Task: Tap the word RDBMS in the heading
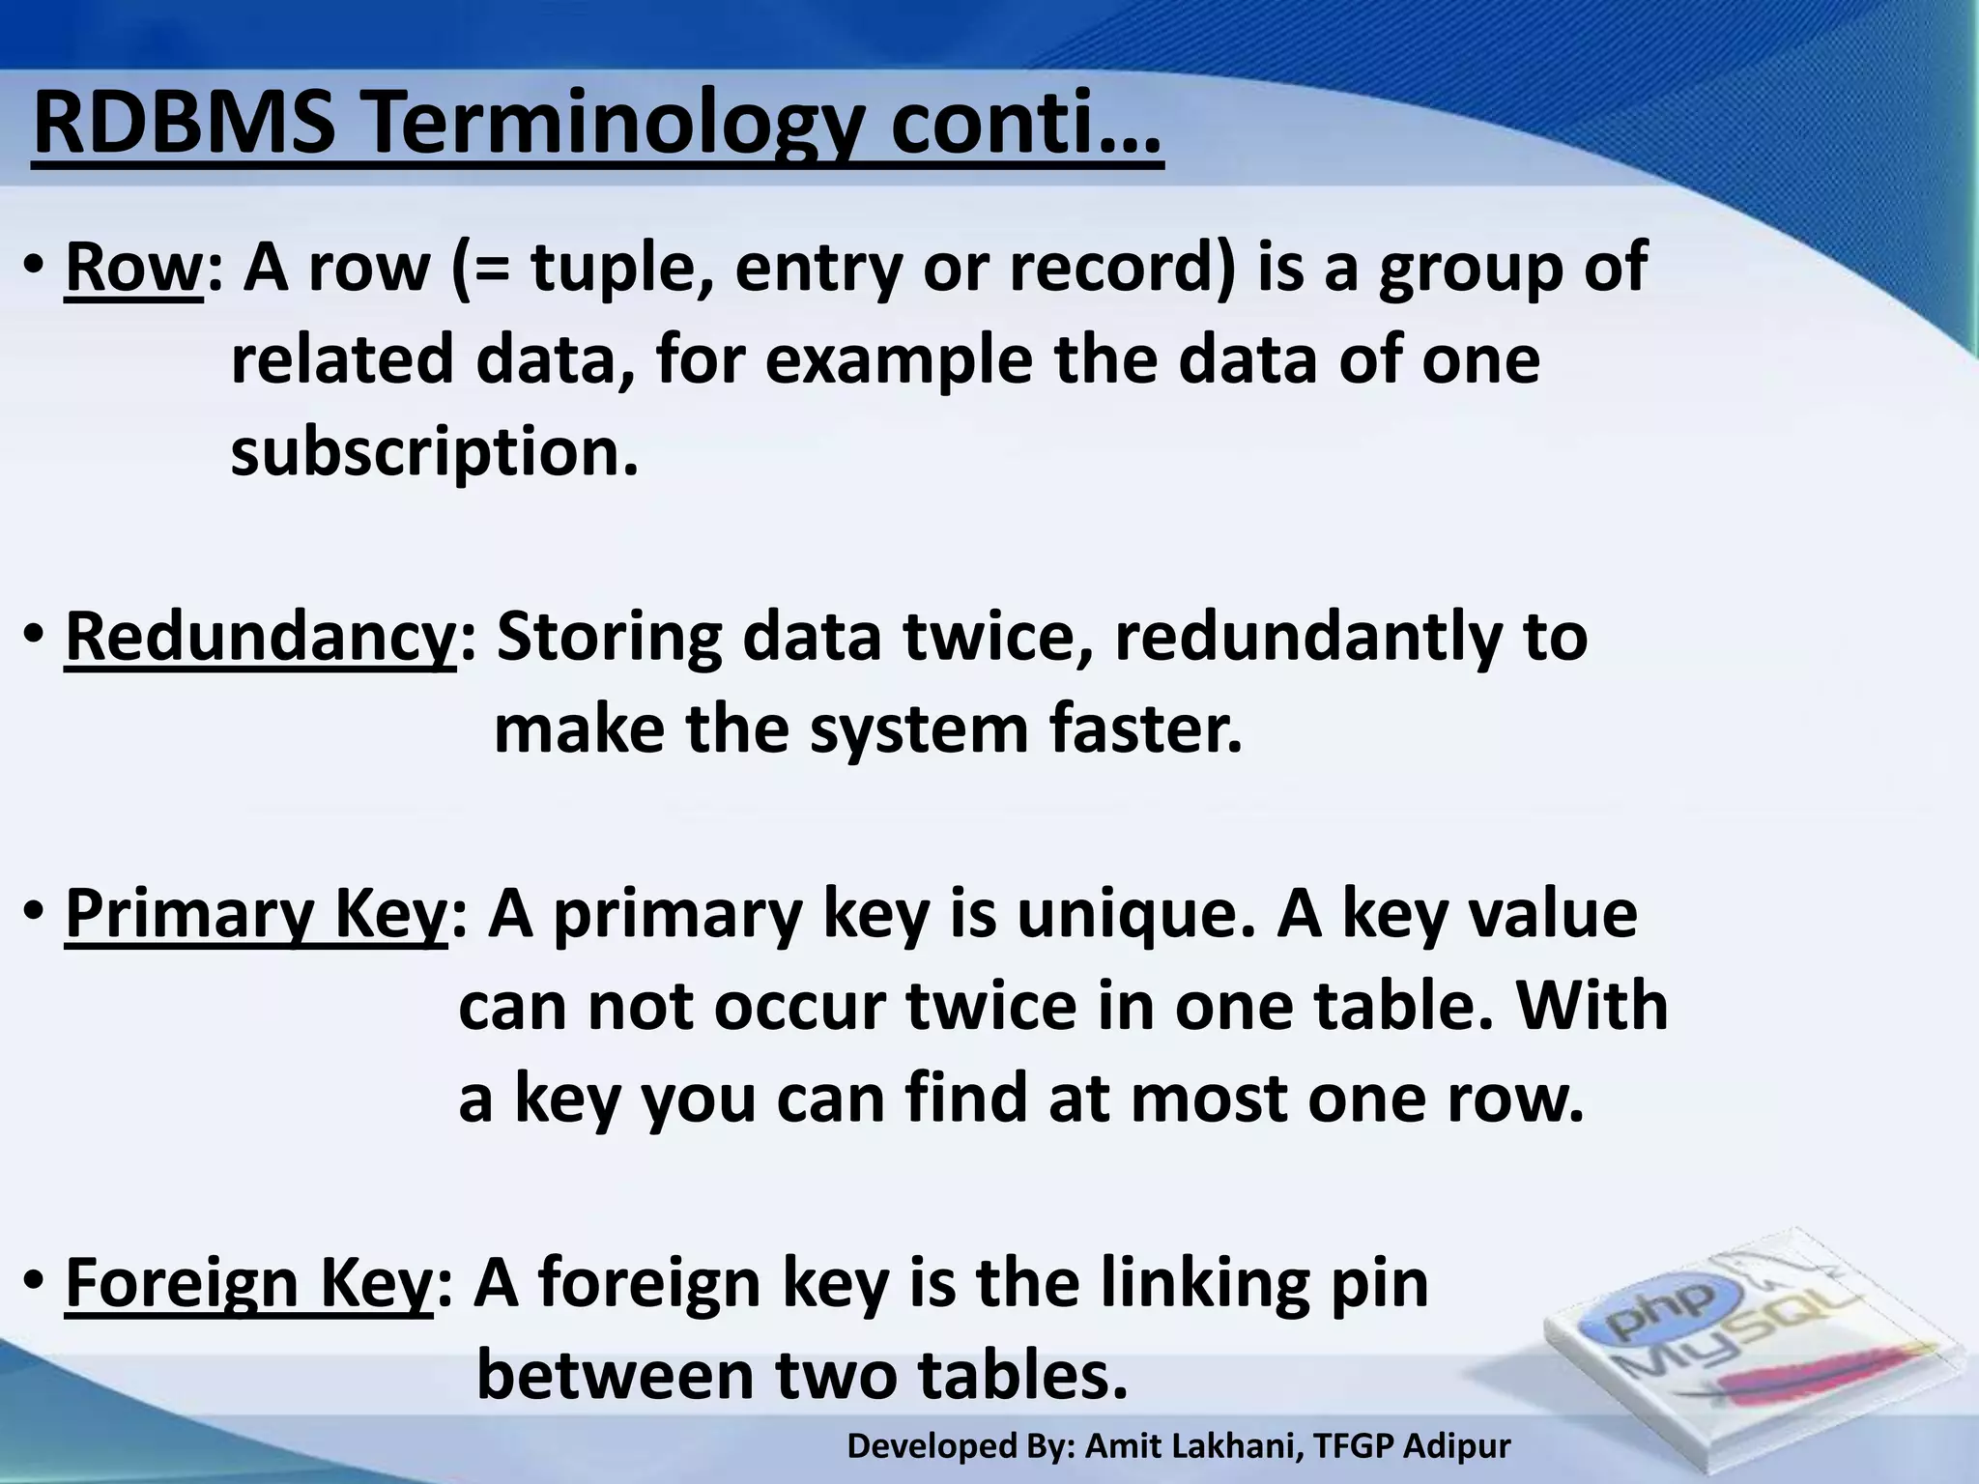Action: click(184, 126)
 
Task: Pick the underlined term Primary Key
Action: click(255, 914)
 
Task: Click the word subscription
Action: click(434, 452)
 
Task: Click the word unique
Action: click(1134, 914)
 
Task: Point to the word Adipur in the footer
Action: click(1456, 1446)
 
